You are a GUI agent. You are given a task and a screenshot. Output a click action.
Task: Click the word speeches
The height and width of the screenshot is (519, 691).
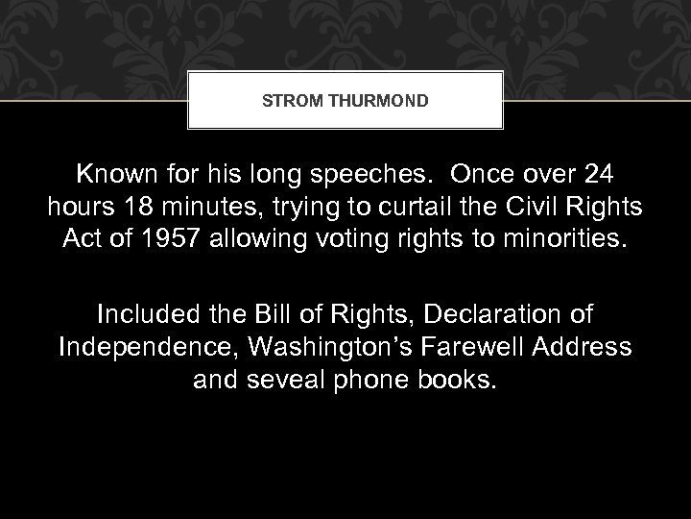point(377,176)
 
